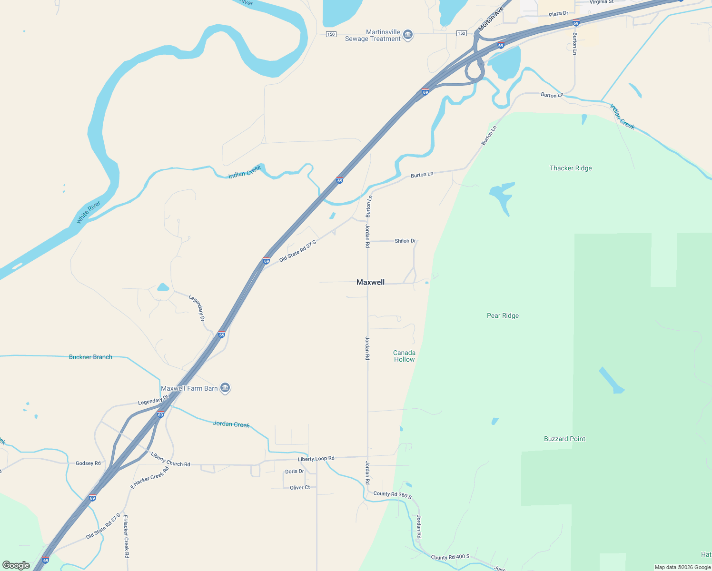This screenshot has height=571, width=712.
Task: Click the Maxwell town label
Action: click(370, 282)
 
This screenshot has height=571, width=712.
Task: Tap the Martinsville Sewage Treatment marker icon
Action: click(408, 35)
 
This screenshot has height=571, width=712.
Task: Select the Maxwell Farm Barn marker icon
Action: click(226, 388)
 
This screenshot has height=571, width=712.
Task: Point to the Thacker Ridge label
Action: click(571, 168)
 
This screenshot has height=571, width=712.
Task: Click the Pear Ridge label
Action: click(503, 315)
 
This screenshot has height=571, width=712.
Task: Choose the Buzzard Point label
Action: click(564, 439)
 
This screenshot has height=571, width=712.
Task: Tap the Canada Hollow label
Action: click(404, 356)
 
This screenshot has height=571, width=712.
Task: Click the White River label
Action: click(89, 212)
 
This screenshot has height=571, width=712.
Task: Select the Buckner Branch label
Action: click(90, 357)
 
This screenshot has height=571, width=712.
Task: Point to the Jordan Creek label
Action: click(231, 424)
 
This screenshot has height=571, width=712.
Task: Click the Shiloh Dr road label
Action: click(405, 241)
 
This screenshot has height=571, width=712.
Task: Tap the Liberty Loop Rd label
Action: click(316, 459)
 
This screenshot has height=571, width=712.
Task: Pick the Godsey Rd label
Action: click(88, 463)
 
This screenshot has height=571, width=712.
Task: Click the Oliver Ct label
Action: click(300, 487)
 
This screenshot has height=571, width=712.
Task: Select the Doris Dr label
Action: click(295, 472)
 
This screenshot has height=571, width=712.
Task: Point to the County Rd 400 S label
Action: click(450, 557)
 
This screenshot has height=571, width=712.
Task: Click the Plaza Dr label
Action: click(558, 14)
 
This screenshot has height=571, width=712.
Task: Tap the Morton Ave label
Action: click(490, 20)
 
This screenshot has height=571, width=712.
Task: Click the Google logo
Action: click(16, 565)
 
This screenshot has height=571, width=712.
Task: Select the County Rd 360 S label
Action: click(393, 495)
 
